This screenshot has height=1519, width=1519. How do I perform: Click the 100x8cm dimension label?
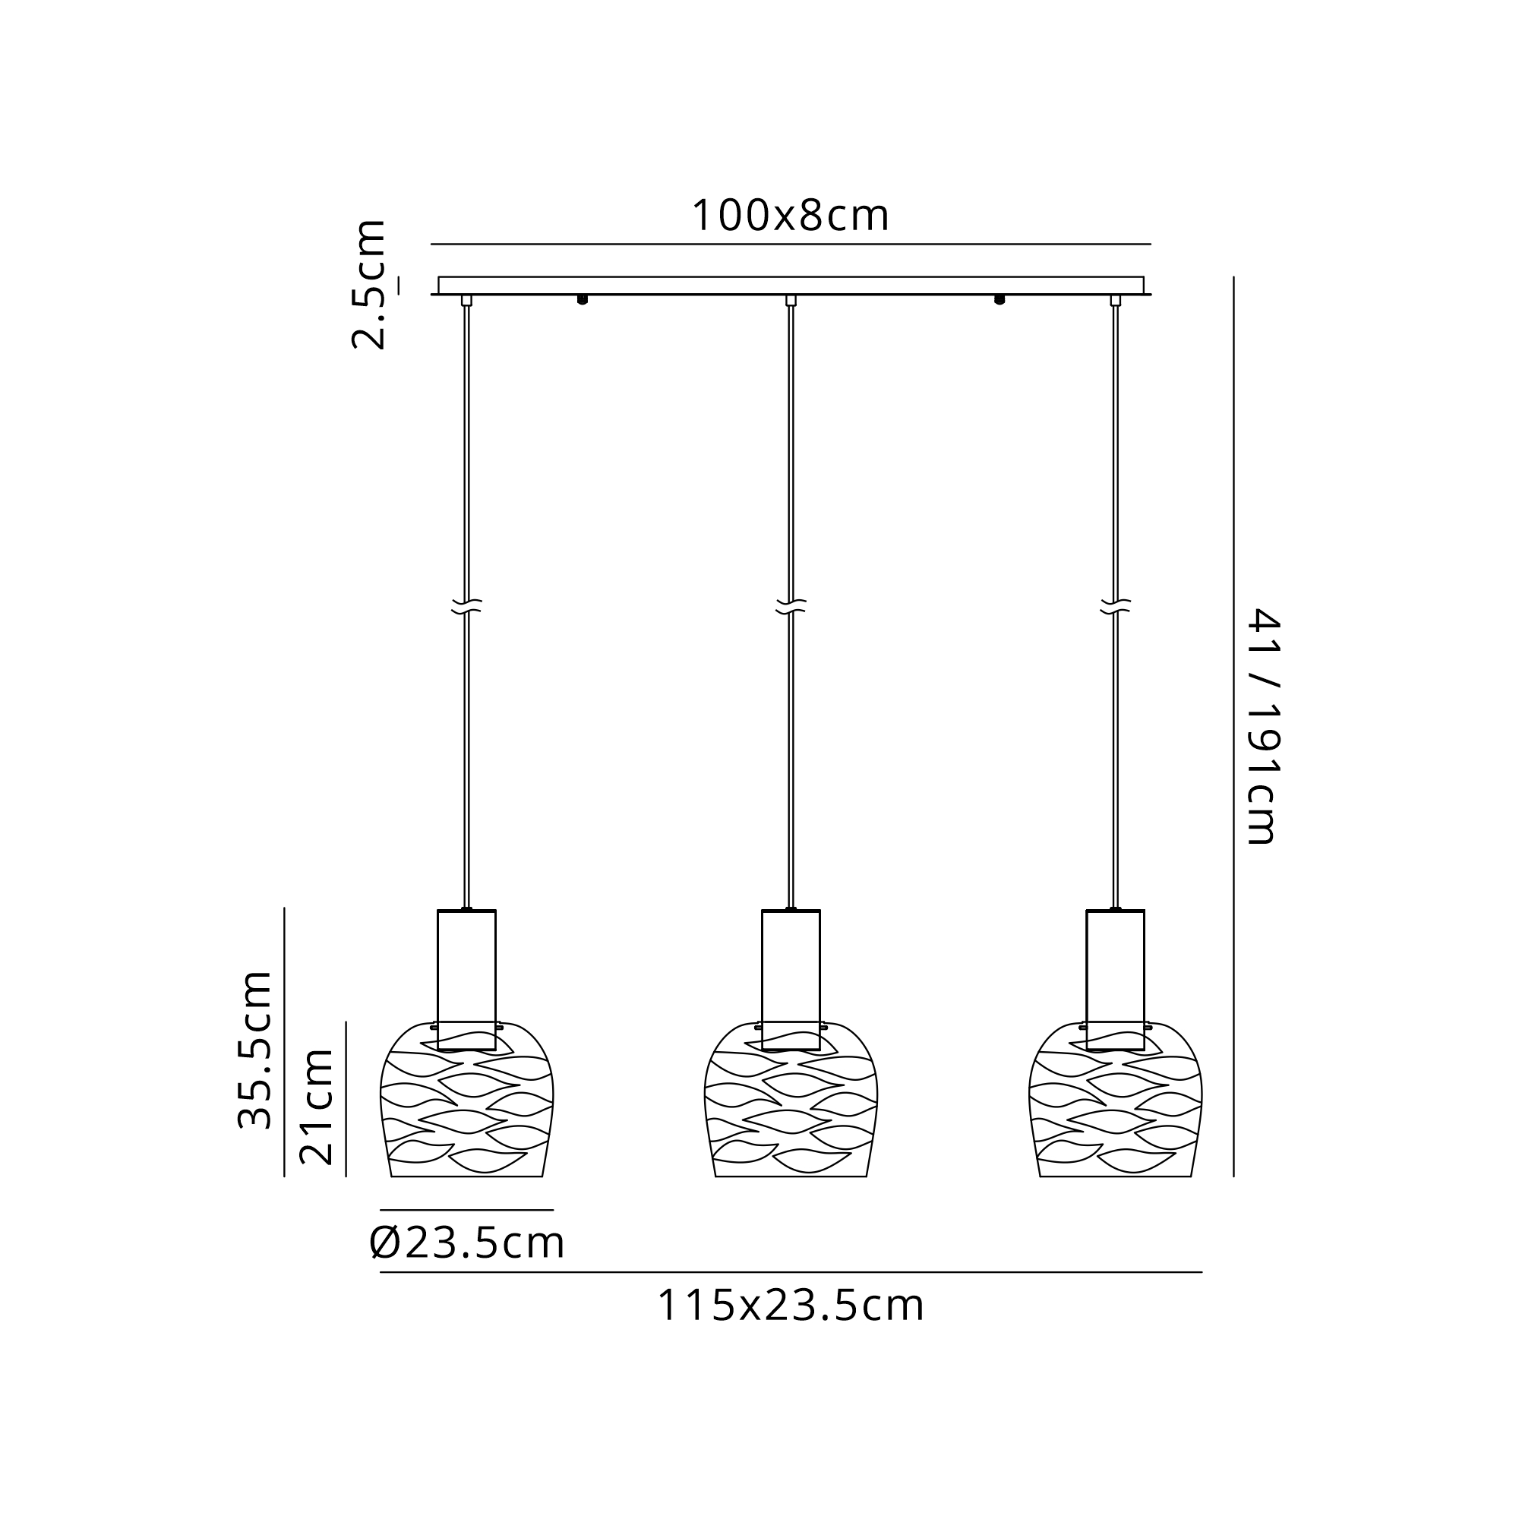click(790, 216)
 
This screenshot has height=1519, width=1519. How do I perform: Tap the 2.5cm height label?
click(369, 284)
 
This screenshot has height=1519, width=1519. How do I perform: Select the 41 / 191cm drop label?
click(1264, 725)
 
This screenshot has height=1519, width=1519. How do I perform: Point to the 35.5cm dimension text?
click(254, 1050)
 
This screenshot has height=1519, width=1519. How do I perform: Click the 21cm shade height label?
click(317, 1107)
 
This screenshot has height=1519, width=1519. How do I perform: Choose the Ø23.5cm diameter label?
click(467, 1243)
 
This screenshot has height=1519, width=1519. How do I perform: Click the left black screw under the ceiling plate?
click(583, 299)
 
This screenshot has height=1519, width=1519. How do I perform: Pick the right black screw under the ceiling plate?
click(1000, 299)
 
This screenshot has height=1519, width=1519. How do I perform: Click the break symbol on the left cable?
click(467, 606)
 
